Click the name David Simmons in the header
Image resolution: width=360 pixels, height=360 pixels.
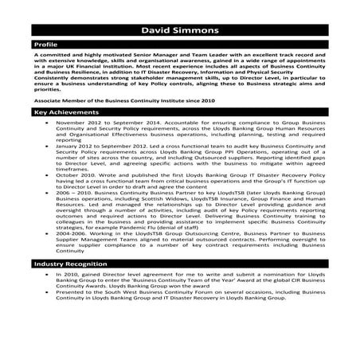[179, 31]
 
